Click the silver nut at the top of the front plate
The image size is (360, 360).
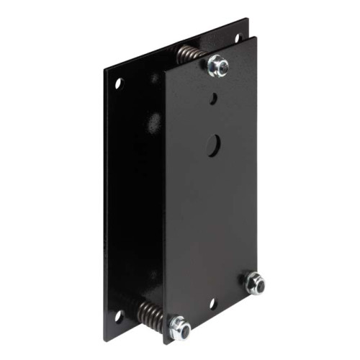[218, 66]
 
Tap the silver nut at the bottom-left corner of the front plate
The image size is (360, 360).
[179, 328]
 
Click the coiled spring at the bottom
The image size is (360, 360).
[149, 312]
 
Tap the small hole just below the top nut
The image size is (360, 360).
[213, 96]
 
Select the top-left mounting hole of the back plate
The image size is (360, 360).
[119, 83]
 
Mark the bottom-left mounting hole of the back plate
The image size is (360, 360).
[119, 315]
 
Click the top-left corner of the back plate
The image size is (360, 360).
[104, 71]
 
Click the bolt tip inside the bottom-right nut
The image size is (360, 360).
[255, 282]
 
